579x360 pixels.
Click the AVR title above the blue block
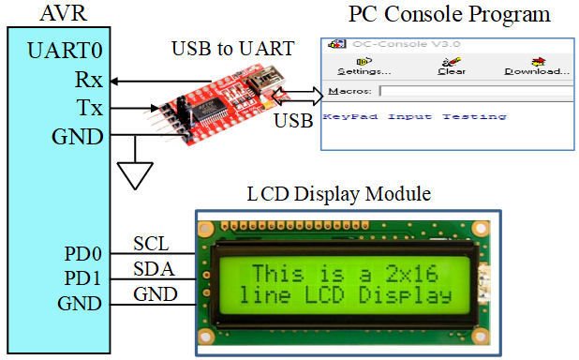click(61, 13)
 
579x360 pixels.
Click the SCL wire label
click(151, 244)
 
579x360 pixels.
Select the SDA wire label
click(152, 270)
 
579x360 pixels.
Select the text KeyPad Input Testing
click(414, 117)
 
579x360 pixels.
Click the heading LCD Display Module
click(338, 195)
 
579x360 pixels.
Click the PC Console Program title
click(449, 14)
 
